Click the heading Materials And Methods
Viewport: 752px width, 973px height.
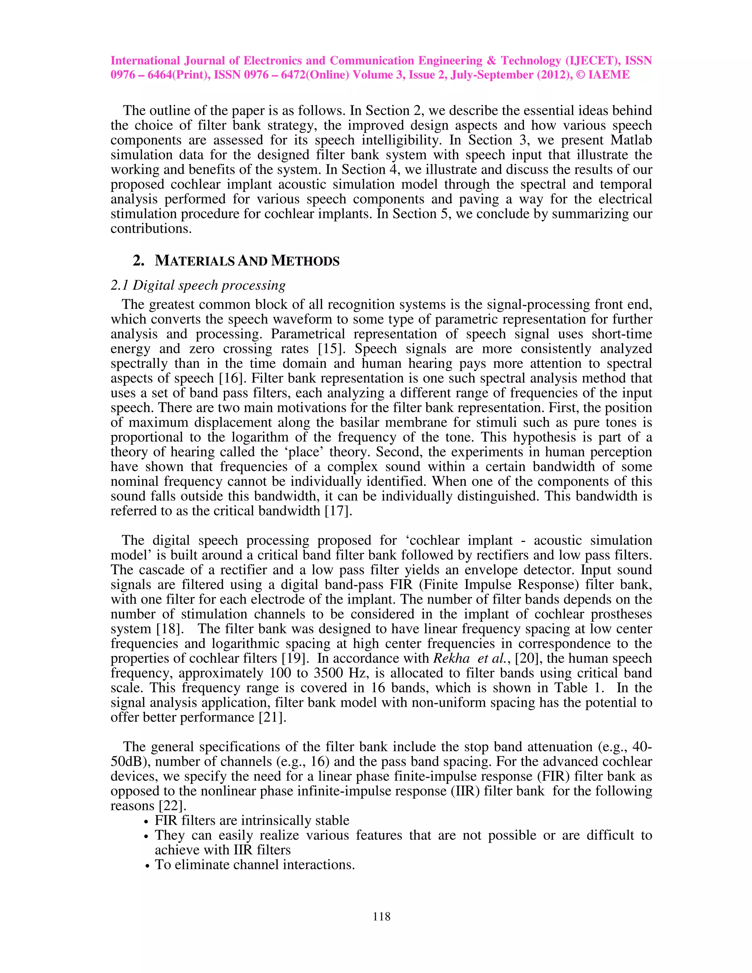(247, 261)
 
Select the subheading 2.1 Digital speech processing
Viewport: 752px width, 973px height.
(198, 285)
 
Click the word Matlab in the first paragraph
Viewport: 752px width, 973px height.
(631, 140)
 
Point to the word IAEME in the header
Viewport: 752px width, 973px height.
(608, 75)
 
